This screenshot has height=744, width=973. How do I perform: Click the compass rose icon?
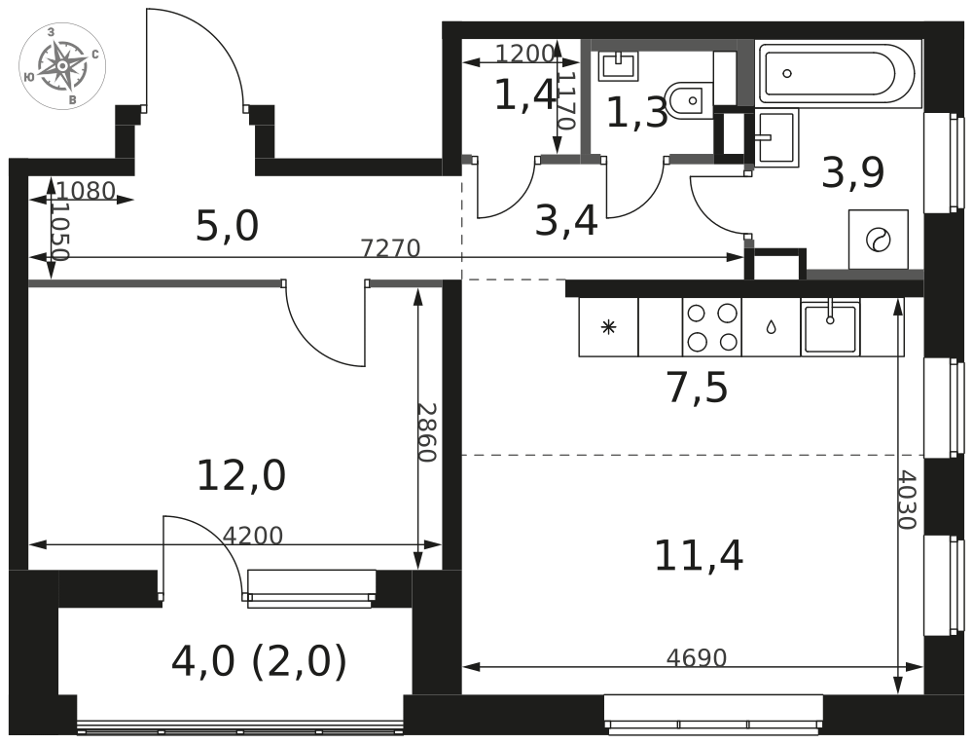[x=62, y=65]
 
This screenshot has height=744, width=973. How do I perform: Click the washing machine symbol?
[x=878, y=240]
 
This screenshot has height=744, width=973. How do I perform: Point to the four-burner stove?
[x=712, y=327]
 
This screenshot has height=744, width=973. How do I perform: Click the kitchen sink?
[x=830, y=326]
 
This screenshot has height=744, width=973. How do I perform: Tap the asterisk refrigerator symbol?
[x=608, y=326]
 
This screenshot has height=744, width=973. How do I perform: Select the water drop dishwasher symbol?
[x=771, y=326]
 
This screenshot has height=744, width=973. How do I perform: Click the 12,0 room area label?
[x=241, y=476]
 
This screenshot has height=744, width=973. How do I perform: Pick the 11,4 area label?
[x=699, y=555]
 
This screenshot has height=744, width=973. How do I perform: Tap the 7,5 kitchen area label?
[x=698, y=390]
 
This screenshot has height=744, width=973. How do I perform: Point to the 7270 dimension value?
[x=391, y=248]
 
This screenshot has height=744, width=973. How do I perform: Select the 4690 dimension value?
[x=697, y=657]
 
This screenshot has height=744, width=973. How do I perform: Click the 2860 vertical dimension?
[x=427, y=432]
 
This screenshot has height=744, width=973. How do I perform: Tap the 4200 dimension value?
[x=253, y=536]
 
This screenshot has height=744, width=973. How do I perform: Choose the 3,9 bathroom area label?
[x=852, y=173]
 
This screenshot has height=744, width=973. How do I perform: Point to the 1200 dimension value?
[x=525, y=54]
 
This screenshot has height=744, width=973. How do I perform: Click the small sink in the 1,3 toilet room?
[x=618, y=65]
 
